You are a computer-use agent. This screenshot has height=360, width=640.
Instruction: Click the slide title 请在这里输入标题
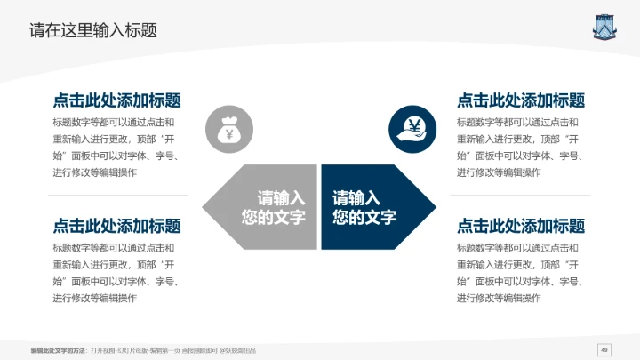93,29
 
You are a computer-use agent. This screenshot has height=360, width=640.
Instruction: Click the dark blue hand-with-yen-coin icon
412,129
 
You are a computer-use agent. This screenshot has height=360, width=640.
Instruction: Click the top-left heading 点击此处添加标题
116,100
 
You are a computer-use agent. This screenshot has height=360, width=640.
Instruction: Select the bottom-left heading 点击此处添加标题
116,226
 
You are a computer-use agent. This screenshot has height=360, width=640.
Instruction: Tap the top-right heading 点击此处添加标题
521,100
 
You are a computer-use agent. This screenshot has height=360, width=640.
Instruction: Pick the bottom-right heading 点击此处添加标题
521,226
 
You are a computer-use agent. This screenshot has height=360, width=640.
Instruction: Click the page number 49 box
604,348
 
